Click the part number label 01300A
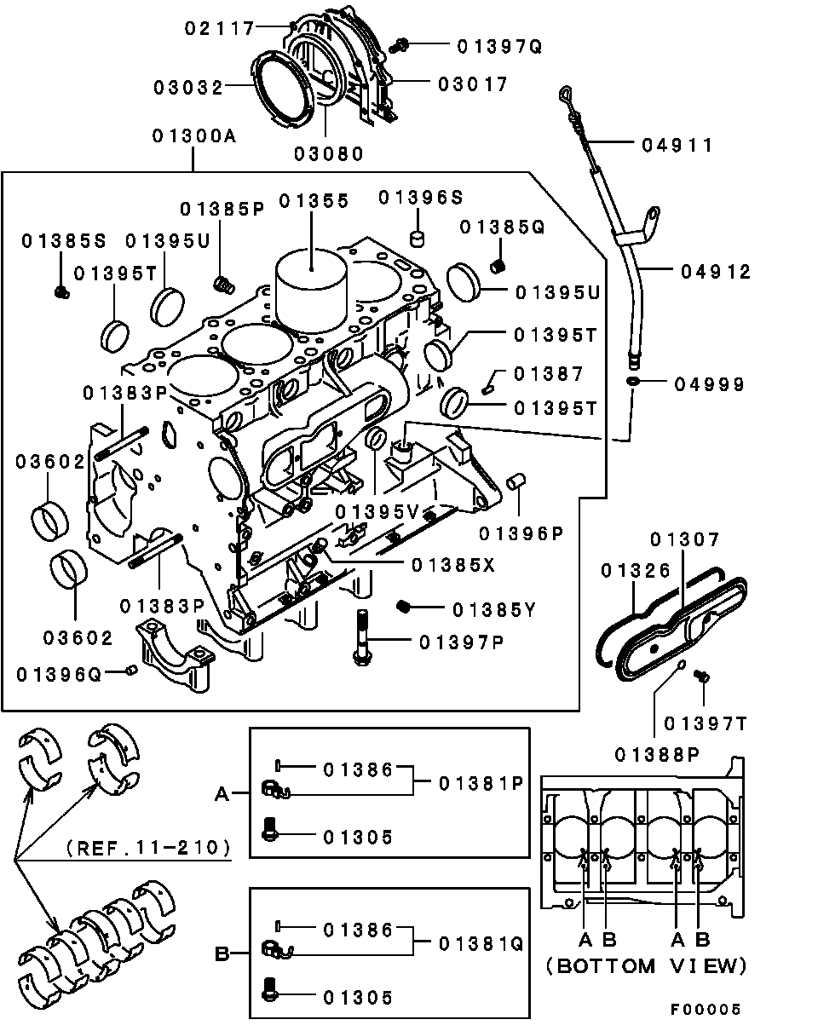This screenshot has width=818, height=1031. click(193, 136)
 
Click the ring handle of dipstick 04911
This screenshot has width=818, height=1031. click(567, 95)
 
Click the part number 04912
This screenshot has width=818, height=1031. click(716, 272)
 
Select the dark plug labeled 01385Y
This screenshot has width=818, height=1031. click(406, 606)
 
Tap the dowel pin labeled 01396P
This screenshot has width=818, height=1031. click(516, 483)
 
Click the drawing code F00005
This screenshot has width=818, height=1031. click(704, 1010)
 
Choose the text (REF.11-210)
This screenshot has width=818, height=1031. click(148, 848)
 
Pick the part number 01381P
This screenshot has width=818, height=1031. click(481, 783)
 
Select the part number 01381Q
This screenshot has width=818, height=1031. click(481, 943)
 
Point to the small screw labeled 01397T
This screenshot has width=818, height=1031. click(703, 677)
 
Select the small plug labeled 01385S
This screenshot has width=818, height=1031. click(60, 292)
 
